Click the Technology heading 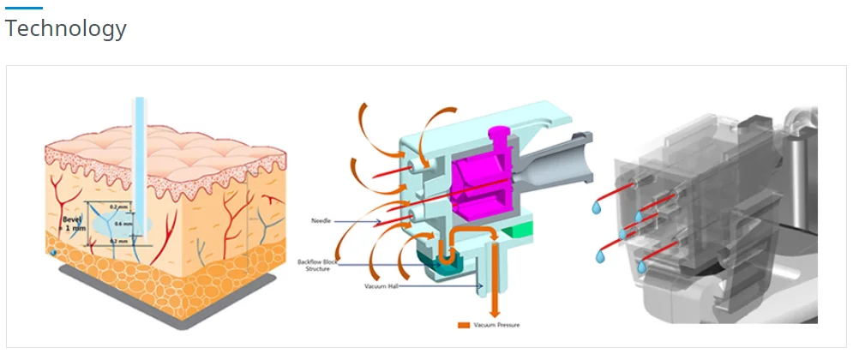66,28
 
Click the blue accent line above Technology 23,9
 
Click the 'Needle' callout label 322,221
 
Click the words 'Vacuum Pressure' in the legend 497,326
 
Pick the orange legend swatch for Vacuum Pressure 465,326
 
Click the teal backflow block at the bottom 447,264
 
